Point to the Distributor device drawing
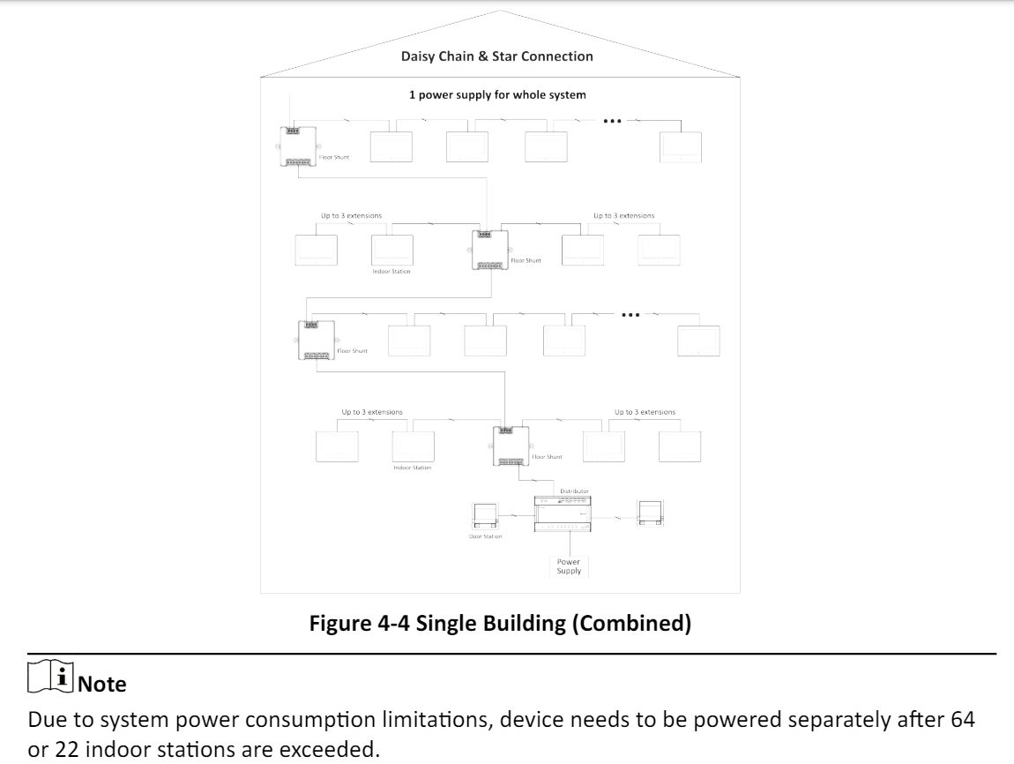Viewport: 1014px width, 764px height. click(x=562, y=513)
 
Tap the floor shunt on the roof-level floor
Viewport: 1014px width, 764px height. click(x=297, y=146)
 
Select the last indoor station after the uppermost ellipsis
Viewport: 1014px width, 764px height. click(x=681, y=147)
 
